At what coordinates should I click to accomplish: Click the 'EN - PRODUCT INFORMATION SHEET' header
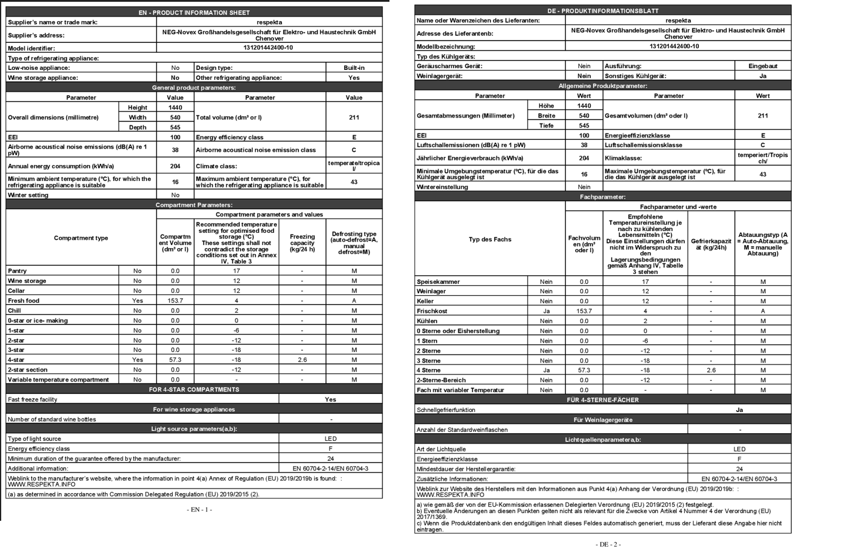194,12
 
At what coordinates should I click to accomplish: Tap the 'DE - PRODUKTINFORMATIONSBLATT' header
602,11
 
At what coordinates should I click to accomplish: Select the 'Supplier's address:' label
36,35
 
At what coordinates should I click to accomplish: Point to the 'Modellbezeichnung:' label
445,46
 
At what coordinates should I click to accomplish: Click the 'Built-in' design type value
354,68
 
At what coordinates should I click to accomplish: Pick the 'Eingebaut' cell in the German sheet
762,66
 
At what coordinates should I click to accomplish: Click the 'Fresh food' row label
24,301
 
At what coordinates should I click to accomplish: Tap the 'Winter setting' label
28,195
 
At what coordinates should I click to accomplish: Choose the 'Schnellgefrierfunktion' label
446,410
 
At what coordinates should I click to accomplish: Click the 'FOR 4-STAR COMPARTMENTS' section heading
194,390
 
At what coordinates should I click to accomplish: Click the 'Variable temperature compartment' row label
58,380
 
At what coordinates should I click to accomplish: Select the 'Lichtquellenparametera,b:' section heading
602,440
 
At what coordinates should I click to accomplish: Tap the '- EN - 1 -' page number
199,510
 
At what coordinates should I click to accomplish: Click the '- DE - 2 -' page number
608,544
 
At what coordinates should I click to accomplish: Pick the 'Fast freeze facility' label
32,400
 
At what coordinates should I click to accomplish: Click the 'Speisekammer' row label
438,282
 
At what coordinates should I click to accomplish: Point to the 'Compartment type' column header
81,238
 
